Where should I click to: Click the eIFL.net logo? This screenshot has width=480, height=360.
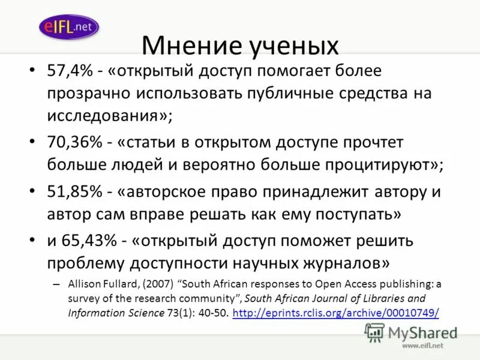(68, 27)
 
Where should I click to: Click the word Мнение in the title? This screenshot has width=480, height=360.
(188, 47)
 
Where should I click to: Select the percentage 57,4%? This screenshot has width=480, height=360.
(69, 71)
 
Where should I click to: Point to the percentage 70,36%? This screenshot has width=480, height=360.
(74, 143)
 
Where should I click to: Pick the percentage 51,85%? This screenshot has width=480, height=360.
(74, 193)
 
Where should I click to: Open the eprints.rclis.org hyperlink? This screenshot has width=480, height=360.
(335, 313)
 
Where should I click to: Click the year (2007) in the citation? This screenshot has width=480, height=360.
(162, 284)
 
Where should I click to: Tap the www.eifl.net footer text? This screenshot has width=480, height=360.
(422, 346)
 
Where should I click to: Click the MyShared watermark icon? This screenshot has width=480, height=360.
(374, 332)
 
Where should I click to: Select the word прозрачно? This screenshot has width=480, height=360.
(87, 94)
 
